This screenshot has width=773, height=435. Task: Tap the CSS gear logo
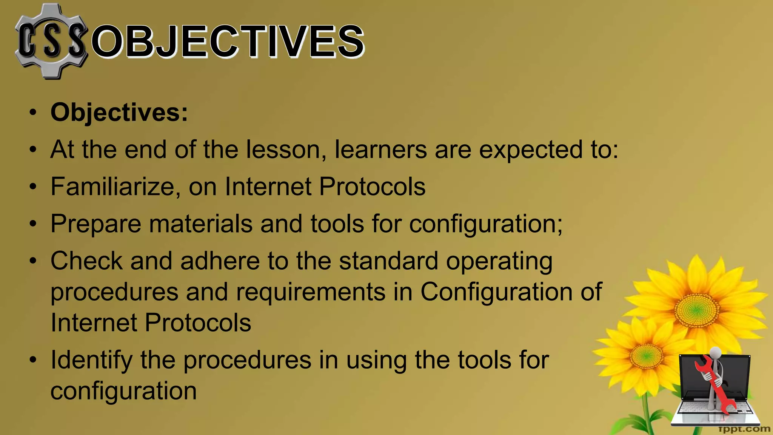(x=51, y=41)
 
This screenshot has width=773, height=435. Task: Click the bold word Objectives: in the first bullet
(x=119, y=113)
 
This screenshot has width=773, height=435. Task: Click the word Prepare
(x=96, y=224)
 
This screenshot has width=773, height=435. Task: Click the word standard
(x=388, y=261)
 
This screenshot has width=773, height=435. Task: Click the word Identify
(x=91, y=360)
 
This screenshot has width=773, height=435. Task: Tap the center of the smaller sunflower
(x=646, y=355)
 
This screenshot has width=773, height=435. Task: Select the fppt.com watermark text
(x=744, y=429)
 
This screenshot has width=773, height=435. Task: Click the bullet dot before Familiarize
(x=33, y=187)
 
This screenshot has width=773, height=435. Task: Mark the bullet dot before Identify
(x=33, y=360)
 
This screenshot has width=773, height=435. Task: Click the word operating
(x=499, y=262)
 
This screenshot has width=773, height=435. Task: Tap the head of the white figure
(x=716, y=353)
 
